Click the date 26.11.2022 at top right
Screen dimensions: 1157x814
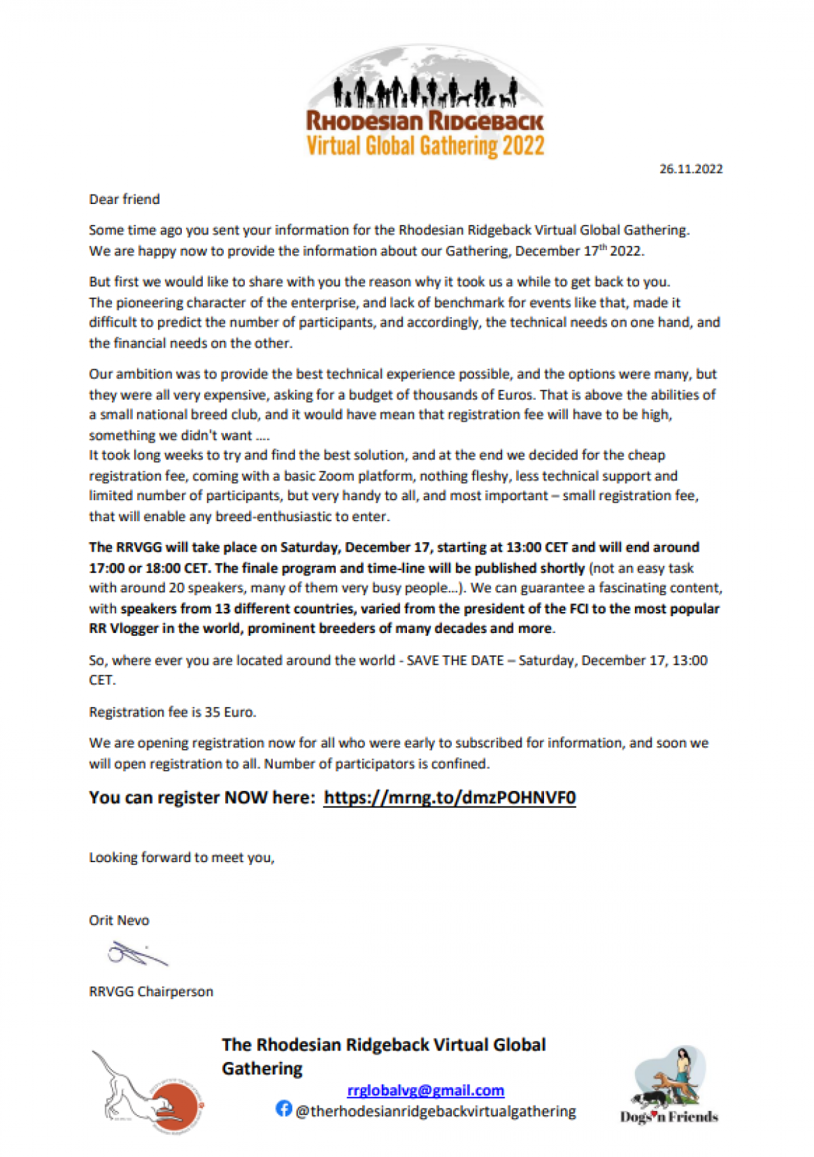coord(691,169)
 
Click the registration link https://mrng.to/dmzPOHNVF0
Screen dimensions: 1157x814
coord(450,797)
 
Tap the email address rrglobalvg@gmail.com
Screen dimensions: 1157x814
coord(425,1090)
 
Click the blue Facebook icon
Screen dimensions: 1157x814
coord(284,1109)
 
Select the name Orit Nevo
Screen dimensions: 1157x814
coord(119,920)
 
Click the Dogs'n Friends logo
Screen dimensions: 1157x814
coord(669,1084)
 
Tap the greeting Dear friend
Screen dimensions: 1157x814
coord(124,199)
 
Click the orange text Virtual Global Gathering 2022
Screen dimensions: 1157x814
coord(425,146)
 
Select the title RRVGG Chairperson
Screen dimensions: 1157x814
coord(151,991)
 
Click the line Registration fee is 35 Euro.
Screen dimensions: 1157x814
coord(172,712)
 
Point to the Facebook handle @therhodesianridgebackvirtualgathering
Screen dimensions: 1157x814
coord(435,1112)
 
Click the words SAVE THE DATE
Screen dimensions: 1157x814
coord(454,660)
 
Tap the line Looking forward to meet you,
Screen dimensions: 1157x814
coord(181,857)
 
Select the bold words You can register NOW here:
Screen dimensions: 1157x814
coord(201,797)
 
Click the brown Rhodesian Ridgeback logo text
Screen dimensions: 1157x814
coord(425,121)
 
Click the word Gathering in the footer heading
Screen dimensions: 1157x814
coord(262,1068)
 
